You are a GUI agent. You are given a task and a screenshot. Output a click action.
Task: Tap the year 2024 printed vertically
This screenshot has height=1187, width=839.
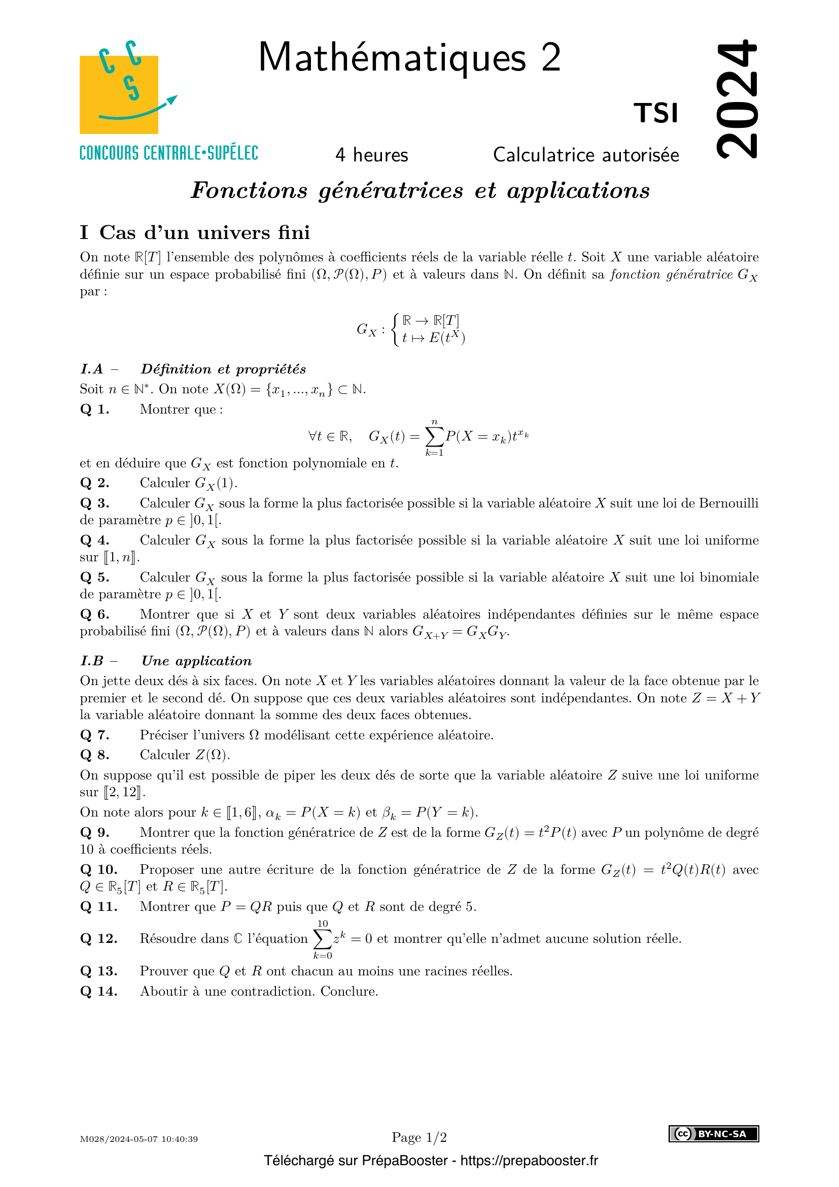(x=737, y=98)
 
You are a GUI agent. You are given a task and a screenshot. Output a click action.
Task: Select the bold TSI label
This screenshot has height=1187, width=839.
(x=655, y=113)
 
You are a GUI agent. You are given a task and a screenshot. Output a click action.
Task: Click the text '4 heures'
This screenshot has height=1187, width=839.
(x=371, y=155)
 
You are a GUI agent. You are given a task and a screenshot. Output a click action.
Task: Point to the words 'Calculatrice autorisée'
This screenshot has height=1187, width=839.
(x=586, y=155)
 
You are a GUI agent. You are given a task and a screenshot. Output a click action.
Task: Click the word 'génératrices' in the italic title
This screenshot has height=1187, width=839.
(x=391, y=190)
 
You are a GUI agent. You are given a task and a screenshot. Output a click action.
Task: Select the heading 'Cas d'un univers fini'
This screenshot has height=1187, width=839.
(x=204, y=232)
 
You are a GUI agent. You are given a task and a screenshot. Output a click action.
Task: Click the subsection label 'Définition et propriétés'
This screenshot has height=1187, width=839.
(x=223, y=369)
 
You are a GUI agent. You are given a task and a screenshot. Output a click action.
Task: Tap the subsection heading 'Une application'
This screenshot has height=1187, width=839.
(x=197, y=661)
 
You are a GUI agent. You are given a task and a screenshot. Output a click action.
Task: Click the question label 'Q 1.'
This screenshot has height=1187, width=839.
(x=94, y=410)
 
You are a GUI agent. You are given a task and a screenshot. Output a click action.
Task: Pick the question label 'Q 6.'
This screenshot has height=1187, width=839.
(x=94, y=614)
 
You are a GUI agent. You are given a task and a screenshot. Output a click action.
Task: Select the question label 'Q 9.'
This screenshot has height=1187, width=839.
(x=94, y=832)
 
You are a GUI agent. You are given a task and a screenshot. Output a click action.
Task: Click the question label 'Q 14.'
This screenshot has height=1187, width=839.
(x=99, y=991)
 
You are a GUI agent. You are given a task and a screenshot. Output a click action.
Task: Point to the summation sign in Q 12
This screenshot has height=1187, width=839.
(x=323, y=938)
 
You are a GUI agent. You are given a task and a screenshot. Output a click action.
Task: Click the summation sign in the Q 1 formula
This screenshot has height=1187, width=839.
(x=434, y=437)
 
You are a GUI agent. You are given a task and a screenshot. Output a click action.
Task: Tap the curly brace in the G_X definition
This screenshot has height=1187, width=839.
(x=395, y=329)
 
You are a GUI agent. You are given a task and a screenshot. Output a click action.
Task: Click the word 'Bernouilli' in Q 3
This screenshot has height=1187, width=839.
(x=728, y=503)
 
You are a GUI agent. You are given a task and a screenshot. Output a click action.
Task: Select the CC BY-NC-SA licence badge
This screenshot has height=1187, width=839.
(x=714, y=1134)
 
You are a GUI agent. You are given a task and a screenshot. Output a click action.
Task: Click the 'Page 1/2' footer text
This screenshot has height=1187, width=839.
(x=419, y=1137)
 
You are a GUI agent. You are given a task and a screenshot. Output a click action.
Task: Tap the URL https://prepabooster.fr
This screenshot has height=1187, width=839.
(x=529, y=1161)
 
